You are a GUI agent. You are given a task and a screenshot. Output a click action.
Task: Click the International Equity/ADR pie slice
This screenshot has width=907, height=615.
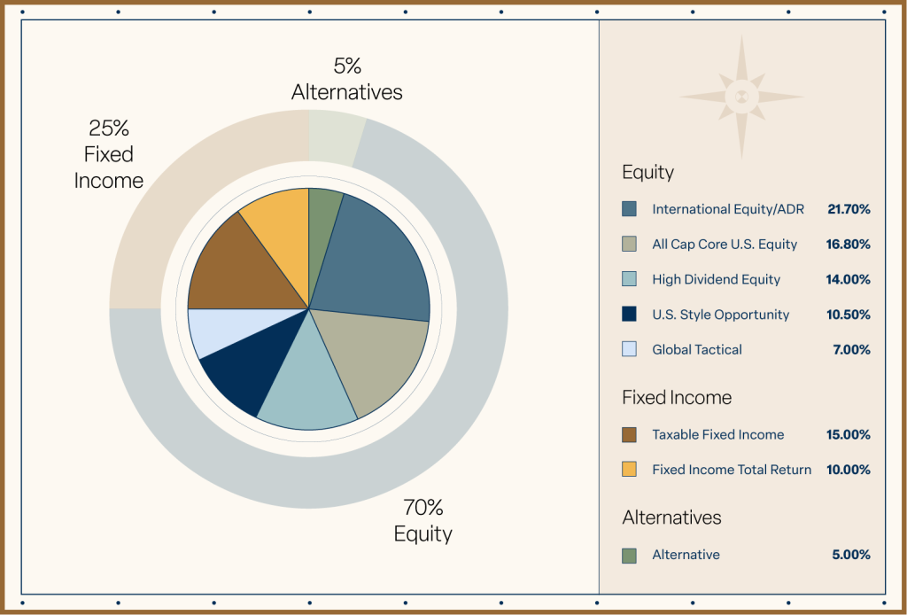click(372, 261)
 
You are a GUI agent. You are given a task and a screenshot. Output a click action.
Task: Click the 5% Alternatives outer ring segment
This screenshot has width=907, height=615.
click(335, 137)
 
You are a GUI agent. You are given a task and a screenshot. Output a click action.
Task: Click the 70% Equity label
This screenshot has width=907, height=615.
click(422, 521)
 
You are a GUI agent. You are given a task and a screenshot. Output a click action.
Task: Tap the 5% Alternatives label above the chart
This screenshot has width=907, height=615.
click(346, 79)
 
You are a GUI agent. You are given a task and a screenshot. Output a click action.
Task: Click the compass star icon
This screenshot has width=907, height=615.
click(742, 97)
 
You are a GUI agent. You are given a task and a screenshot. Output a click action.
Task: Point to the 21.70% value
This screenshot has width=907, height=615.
click(849, 209)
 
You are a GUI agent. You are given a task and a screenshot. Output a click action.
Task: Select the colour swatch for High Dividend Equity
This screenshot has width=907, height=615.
click(629, 279)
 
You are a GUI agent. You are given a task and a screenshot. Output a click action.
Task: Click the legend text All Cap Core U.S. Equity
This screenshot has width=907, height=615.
click(725, 244)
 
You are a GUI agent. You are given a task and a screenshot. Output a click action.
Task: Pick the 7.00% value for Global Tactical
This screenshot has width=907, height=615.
click(851, 349)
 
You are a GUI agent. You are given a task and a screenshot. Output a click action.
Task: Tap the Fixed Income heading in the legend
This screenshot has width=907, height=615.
click(677, 397)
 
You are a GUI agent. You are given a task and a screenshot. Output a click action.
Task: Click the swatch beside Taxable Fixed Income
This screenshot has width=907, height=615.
click(629, 434)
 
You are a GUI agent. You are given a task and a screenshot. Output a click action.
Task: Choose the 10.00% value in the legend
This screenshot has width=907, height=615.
click(849, 470)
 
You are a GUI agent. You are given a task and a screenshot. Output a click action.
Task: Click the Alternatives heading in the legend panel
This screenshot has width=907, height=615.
click(671, 518)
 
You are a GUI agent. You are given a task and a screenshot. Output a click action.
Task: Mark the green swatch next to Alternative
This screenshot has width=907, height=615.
click(629, 555)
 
